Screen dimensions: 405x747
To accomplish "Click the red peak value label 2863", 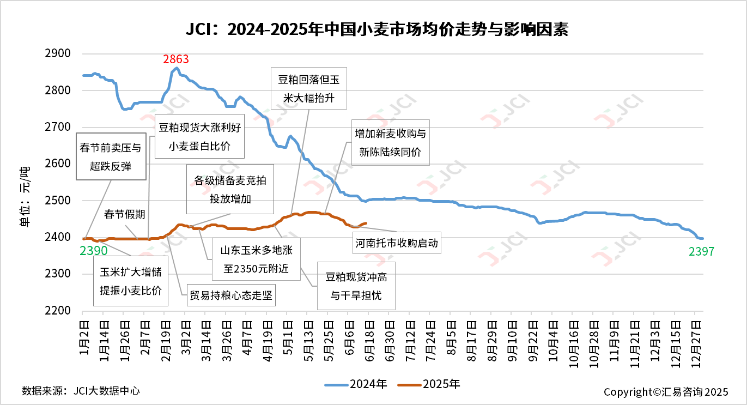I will pos(176,59).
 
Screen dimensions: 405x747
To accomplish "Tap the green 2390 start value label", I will pos(94,251).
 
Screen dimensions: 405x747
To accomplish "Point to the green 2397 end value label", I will pos(700,251).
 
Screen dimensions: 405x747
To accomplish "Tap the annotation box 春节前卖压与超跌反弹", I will pos(111,156).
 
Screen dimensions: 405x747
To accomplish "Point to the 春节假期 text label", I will pos(125,214).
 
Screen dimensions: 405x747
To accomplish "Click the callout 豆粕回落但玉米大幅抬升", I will pos(308,88).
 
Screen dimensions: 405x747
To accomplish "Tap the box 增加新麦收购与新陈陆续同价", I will pos(390,142).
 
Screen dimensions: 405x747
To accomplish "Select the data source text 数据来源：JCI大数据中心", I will pos(81,391).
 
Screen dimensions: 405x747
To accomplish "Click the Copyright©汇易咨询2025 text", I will pos(665,392).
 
